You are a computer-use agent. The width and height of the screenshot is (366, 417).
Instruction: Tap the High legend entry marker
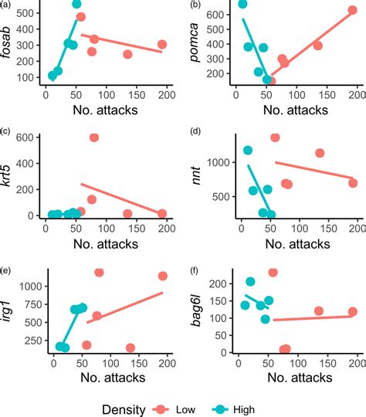click(x=232, y=409)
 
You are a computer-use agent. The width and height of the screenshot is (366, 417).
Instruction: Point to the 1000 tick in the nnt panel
click(x=217, y=163)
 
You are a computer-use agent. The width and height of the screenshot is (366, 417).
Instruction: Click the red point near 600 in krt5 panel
click(x=94, y=137)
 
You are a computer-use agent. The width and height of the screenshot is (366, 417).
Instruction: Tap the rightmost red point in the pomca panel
click(x=353, y=10)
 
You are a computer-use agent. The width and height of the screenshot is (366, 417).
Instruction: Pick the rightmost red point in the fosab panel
click(x=162, y=45)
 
